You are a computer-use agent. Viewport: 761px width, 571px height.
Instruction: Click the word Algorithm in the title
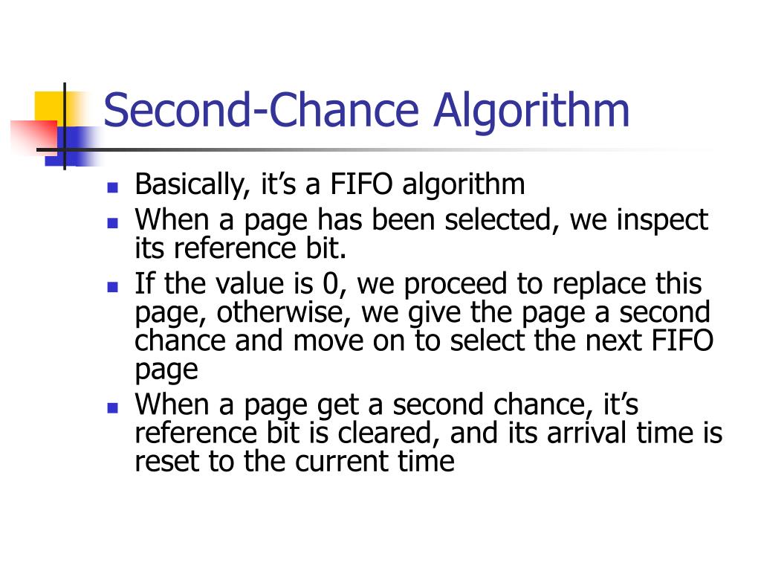point(532,111)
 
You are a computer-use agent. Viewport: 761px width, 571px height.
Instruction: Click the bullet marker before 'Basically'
point(113,187)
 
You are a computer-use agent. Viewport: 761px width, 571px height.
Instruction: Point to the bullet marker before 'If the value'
point(113,286)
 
